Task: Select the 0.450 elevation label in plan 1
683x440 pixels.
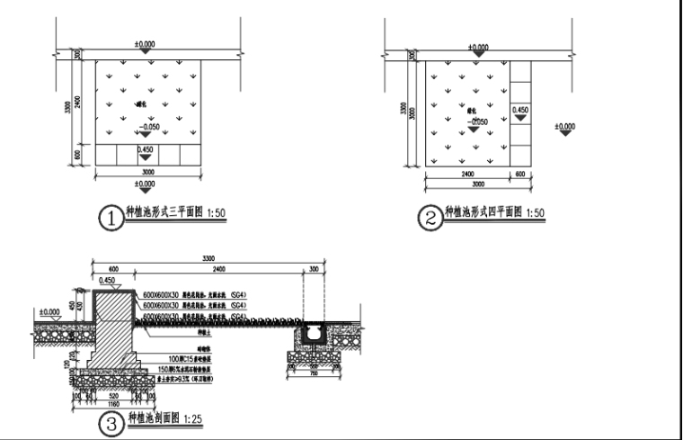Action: (x=144, y=148)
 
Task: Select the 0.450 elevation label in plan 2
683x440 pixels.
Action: (x=519, y=110)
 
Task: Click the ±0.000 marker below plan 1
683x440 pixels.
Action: (x=144, y=184)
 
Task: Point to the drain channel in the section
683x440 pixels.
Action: (x=314, y=334)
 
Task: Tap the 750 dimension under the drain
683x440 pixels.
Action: (x=314, y=374)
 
